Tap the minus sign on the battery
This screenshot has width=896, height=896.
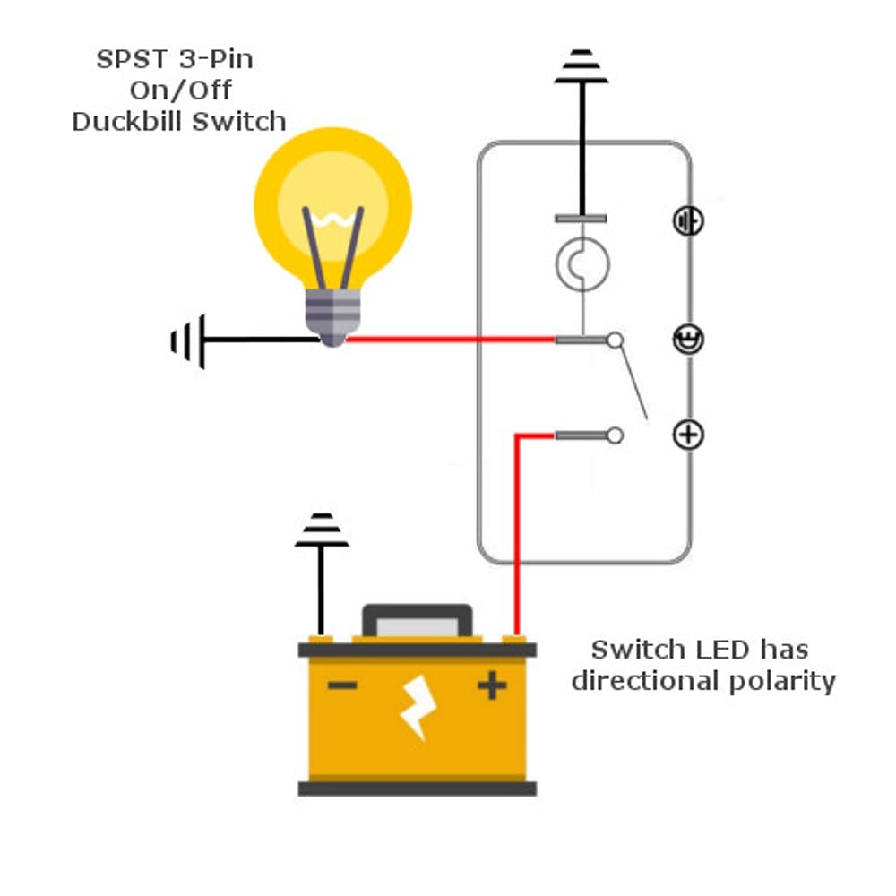tap(342, 686)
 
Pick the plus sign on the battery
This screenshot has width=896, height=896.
tap(491, 686)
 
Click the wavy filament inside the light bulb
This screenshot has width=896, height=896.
tap(332, 219)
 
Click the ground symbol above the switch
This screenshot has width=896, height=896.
tap(582, 67)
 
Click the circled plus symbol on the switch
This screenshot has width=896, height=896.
tap(688, 435)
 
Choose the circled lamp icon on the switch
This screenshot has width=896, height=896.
tap(688, 340)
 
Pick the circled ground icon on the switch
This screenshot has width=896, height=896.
tap(688, 220)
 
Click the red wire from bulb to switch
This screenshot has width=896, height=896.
tap(448, 340)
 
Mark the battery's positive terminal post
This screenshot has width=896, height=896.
tap(513, 638)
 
